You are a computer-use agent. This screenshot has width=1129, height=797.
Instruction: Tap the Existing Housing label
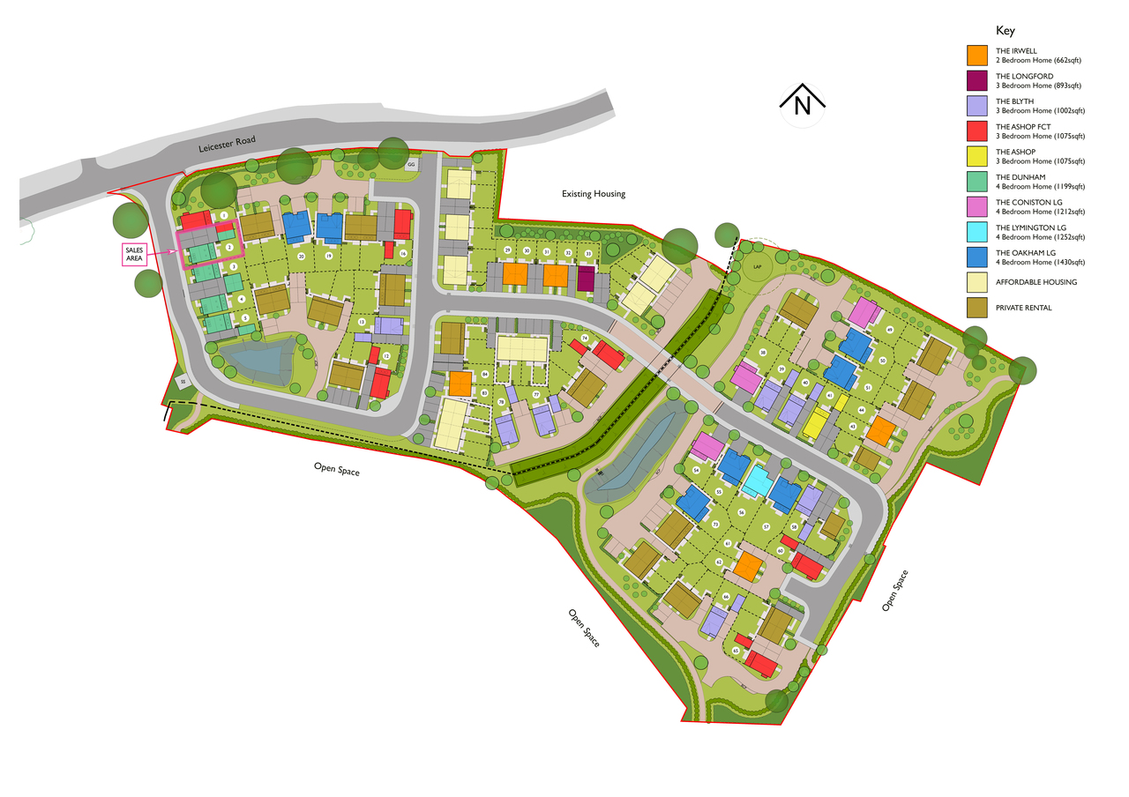(x=594, y=194)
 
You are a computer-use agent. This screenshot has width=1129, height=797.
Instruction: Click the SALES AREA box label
(x=134, y=255)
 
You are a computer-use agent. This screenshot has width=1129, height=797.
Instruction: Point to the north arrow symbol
(x=802, y=105)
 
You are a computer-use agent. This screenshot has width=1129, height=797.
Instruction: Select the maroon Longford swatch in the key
(x=976, y=81)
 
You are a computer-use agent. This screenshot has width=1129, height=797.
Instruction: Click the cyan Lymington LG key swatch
(x=976, y=233)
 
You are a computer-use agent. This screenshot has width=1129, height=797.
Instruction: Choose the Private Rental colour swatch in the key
(x=976, y=308)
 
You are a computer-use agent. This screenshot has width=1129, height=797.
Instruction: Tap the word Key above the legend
(x=1006, y=30)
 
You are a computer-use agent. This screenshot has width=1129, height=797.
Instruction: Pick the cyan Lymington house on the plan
(x=755, y=481)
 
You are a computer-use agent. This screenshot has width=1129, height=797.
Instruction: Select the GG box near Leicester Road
(x=410, y=165)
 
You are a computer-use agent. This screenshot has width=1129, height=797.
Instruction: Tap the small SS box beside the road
(x=183, y=382)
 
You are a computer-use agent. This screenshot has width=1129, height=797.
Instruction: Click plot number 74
(x=584, y=339)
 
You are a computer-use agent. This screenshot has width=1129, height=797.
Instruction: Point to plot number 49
(x=889, y=331)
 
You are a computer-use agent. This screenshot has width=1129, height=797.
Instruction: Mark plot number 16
(x=403, y=254)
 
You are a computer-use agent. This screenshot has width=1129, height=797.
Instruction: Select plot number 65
(x=735, y=651)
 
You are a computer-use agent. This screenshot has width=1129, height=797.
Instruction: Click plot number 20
(x=301, y=257)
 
